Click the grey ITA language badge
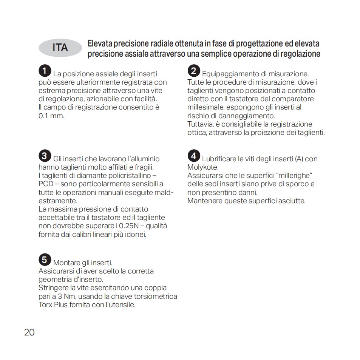click(60, 48)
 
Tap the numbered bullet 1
click(45, 71)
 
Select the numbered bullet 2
click(193, 71)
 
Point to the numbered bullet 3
click(45, 156)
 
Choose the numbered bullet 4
click(193, 156)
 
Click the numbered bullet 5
click(45, 260)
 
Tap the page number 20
click(29, 332)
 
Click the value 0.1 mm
click(51, 116)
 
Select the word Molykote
click(203, 167)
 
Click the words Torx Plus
click(53, 304)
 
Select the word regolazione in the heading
click(299, 54)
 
